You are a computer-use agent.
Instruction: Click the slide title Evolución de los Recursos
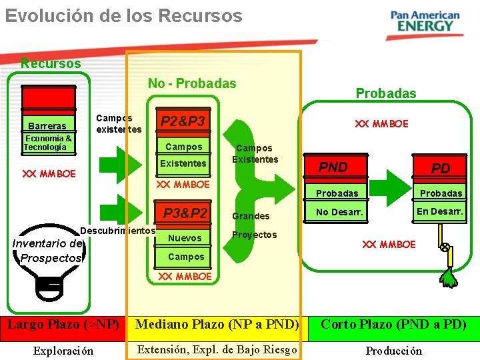click(124, 15)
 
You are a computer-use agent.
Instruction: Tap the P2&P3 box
click(183, 121)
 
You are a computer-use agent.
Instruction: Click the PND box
click(333, 167)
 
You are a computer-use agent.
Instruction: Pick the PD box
click(441, 169)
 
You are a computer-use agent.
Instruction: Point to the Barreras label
click(47, 126)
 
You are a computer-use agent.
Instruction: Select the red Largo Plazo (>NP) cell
click(63, 325)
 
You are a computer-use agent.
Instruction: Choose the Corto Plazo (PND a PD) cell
click(393, 325)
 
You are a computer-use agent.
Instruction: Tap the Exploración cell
click(63, 351)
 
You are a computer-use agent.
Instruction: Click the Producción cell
click(393, 351)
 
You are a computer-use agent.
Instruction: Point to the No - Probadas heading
click(192, 83)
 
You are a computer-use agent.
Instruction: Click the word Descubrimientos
click(117, 231)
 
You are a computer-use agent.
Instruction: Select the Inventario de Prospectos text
click(47, 251)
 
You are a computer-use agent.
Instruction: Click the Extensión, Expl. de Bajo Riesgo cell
click(217, 350)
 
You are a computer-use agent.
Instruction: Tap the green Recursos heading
click(51, 63)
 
